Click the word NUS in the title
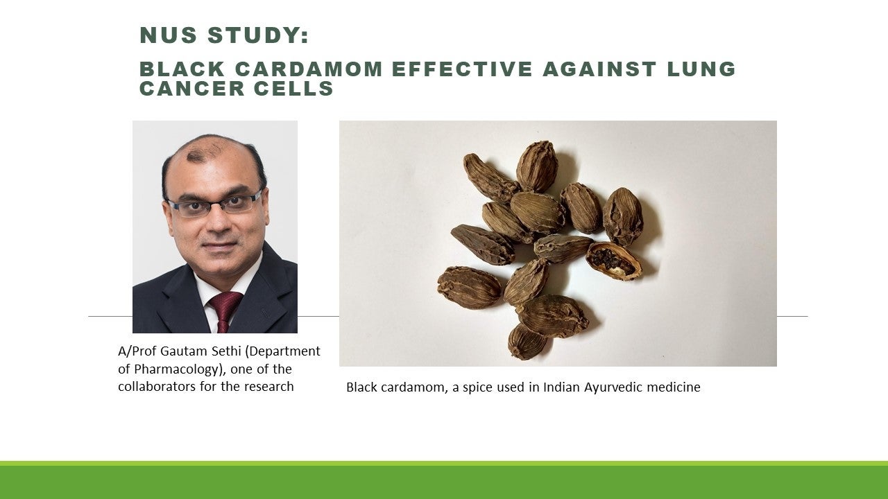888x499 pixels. (x=169, y=35)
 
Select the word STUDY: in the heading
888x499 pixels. (x=258, y=35)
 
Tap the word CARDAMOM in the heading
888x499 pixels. (x=309, y=69)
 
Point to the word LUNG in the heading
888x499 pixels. (x=701, y=69)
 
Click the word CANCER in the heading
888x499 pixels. (x=192, y=88)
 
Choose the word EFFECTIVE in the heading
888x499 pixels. (x=462, y=69)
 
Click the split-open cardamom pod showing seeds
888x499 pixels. (x=614, y=261)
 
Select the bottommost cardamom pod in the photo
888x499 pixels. (x=527, y=342)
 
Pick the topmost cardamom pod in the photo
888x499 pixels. (x=537, y=166)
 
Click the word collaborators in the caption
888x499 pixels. (x=157, y=387)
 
